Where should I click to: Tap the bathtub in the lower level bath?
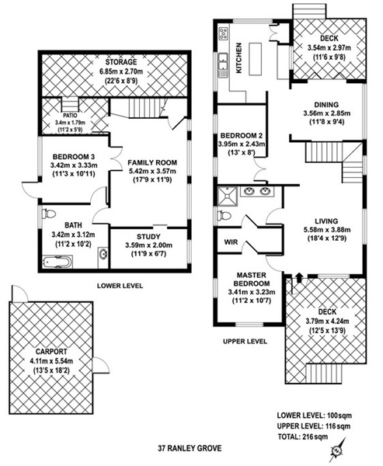click(x=57, y=262)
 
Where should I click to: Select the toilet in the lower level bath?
click(x=49, y=214)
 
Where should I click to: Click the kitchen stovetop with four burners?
click(x=223, y=33)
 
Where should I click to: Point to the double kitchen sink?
click(x=222, y=65)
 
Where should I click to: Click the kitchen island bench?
click(x=256, y=59)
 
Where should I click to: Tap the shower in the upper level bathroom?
click(x=228, y=196)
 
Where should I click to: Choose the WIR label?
click(x=231, y=242)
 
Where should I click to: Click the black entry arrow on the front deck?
click(x=299, y=278)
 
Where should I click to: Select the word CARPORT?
click(x=51, y=352)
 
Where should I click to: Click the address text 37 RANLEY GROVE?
click(x=190, y=448)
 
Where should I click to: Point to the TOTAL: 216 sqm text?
click(x=303, y=436)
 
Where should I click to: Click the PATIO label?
click(x=70, y=115)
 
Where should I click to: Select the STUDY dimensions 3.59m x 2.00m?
click(x=148, y=245)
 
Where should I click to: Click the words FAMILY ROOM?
click(x=152, y=162)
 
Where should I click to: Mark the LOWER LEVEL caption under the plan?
click(x=120, y=286)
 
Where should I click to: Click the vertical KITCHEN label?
click(x=239, y=58)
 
